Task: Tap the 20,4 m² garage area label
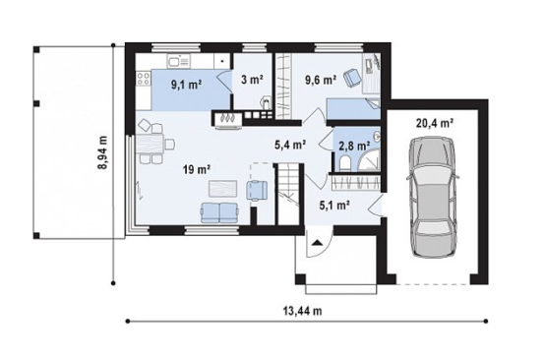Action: [x=435, y=123]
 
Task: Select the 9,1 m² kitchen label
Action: [x=187, y=85]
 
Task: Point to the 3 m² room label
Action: [x=252, y=80]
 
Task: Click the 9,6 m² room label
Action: [x=321, y=80]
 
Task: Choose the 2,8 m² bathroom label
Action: [x=354, y=145]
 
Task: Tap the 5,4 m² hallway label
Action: [x=290, y=145]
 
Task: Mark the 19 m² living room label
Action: [x=197, y=170]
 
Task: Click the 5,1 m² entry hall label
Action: [x=333, y=206]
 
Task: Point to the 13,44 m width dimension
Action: [x=303, y=311]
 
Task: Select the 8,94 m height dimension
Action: [x=103, y=152]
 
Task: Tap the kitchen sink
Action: [x=179, y=62]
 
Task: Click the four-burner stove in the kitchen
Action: [x=144, y=79]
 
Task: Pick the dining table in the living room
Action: [x=151, y=144]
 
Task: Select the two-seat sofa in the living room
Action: [x=219, y=212]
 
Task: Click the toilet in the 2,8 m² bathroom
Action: [x=345, y=163]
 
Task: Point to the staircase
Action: [x=287, y=194]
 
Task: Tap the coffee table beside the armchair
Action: [x=222, y=189]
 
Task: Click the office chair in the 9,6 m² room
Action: [x=352, y=78]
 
